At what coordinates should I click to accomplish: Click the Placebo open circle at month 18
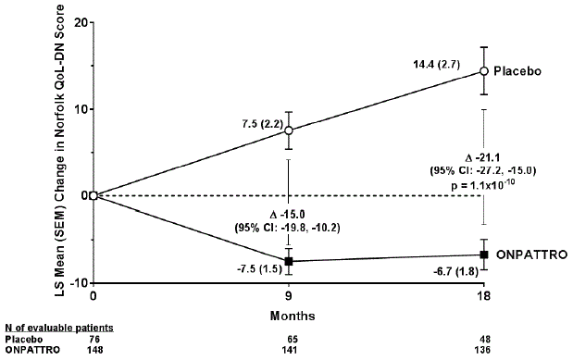(483, 70)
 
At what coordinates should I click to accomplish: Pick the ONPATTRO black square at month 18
(483, 254)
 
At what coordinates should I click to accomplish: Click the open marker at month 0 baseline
(93, 195)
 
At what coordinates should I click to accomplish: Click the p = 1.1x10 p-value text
(485, 186)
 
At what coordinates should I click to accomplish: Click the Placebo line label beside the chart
(517, 71)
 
